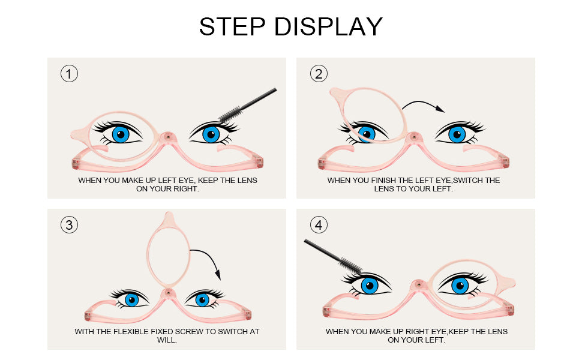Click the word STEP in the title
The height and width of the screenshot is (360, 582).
click(232, 26)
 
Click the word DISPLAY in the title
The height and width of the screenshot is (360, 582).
click(328, 26)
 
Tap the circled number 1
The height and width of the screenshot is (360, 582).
click(69, 74)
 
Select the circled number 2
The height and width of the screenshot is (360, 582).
click(319, 74)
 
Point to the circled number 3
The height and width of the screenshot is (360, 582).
click(69, 225)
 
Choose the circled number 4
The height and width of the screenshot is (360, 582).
click(319, 225)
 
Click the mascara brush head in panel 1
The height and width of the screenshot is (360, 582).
click(231, 114)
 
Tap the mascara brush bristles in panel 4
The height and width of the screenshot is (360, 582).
click(350, 265)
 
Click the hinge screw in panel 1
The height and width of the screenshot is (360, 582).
click(168, 137)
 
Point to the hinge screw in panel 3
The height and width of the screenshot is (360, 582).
click(168, 292)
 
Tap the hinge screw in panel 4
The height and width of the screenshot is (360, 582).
click(419, 284)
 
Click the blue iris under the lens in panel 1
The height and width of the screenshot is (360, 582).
click(121, 134)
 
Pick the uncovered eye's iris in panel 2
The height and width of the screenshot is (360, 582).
click(457, 134)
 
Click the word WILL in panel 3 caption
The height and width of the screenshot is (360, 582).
click(166, 340)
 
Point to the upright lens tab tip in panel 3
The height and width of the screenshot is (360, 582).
click(169, 212)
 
